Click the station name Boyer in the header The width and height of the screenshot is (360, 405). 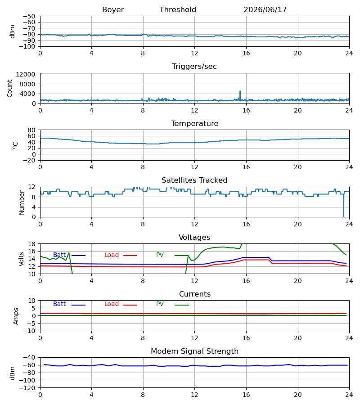(x=113, y=10)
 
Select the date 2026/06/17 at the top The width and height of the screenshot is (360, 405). (x=265, y=10)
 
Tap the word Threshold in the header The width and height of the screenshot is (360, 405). (x=178, y=10)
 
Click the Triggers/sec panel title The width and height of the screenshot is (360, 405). (x=194, y=67)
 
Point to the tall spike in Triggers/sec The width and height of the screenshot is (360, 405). (x=240, y=94)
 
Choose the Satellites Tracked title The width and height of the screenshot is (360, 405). (x=194, y=180)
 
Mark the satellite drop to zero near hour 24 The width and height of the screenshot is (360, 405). (x=343, y=205)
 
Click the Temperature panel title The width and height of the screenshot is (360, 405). (x=194, y=123)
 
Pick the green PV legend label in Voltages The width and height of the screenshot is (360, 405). (x=160, y=255)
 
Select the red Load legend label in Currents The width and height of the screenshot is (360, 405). (x=112, y=304)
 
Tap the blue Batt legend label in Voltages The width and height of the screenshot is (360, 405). (x=59, y=255)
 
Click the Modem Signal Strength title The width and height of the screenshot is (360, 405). (x=194, y=351)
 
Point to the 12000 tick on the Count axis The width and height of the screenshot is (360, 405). (x=26, y=74)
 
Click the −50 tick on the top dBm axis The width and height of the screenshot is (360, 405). (x=29, y=16)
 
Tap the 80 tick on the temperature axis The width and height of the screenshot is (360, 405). (x=31, y=130)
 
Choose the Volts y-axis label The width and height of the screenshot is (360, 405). (x=21, y=259)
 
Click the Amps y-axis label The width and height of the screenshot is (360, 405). (x=16, y=316)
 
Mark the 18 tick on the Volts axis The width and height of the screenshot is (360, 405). (x=31, y=244)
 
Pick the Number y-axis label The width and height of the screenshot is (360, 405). (x=22, y=202)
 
